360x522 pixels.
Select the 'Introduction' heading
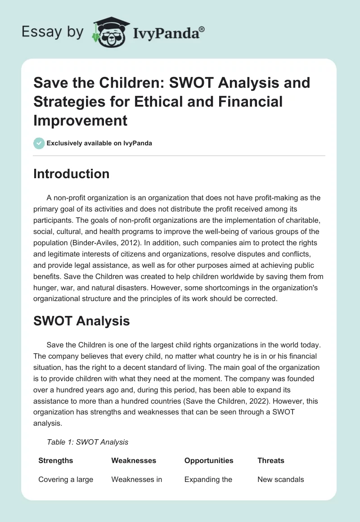click(x=71, y=174)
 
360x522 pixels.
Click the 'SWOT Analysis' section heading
click(x=81, y=321)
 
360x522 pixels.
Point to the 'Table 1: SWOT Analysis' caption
click(x=87, y=442)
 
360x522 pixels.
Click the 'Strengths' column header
click(x=56, y=460)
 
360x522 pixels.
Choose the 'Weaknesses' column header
click(x=134, y=460)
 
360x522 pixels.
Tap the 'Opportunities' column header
click(x=209, y=460)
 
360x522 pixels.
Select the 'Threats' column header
click(x=271, y=460)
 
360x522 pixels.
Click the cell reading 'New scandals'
click(x=280, y=479)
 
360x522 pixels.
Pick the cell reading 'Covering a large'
click(x=66, y=479)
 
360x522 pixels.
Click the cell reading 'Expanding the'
click(x=208, y=479)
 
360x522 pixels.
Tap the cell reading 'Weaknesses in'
click(x=136, y=479)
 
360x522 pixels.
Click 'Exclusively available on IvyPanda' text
click(x=99, y=143)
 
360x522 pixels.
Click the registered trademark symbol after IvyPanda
click(x=202, y=29)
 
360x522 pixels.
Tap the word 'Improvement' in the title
click(x=81, y=121)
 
